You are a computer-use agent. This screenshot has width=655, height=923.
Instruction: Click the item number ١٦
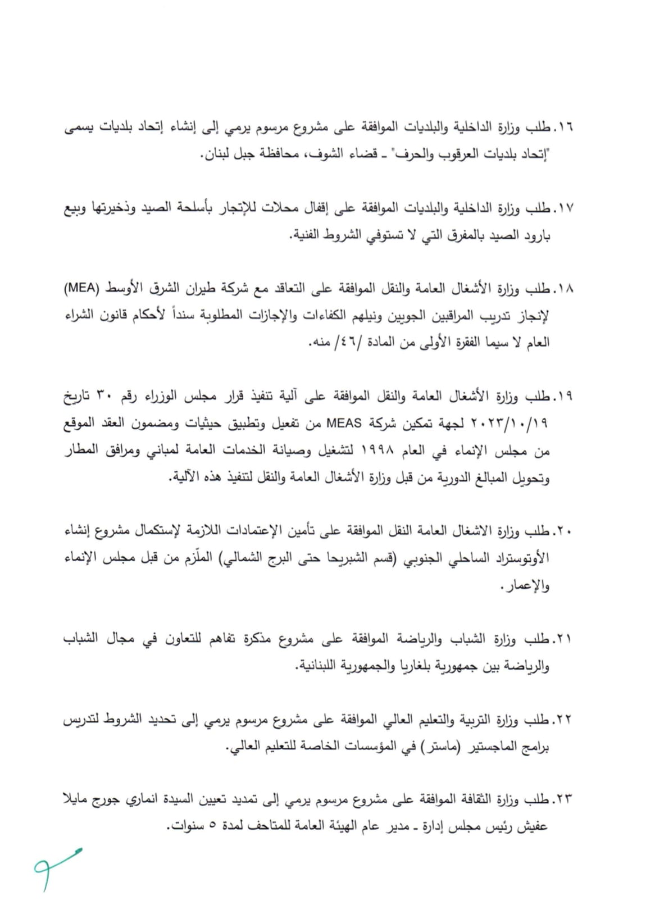pyautogui.click(x=563, y=128)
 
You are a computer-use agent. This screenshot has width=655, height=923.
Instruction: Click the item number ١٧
pyautogui.click(x=563, y=209)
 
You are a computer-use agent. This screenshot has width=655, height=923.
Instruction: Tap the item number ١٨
pyautogui.click(x=563, y=290)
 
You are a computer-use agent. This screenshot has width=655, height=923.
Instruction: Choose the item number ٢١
pyautogui.click(x=563, y=639)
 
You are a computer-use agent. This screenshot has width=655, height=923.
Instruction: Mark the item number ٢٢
pyautogui.click(x=563, y=720)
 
